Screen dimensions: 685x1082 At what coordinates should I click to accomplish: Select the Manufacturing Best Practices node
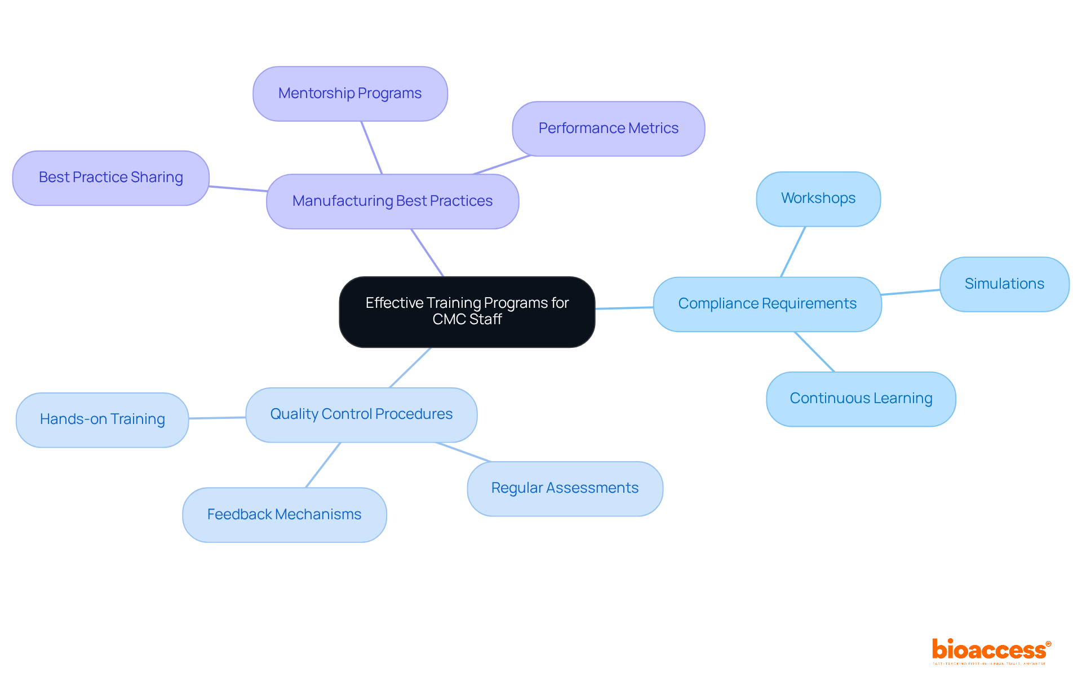coord(392,201)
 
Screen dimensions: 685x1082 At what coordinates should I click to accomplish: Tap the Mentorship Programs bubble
coord(350,94)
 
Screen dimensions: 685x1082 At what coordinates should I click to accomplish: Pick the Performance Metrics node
coord(608,129)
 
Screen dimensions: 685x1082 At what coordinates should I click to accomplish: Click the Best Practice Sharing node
coord(111,178)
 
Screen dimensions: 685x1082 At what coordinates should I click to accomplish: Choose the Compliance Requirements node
coord(767,304)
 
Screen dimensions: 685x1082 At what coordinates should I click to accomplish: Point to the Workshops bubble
coord(818,198)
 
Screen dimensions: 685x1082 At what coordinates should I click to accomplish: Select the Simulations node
coord(1004,284)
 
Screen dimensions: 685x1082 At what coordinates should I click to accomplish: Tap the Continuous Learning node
coord(861,399)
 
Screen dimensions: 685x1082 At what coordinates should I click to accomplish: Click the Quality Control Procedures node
coord(361,414)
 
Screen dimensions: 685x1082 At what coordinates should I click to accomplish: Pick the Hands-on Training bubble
coord(102,419)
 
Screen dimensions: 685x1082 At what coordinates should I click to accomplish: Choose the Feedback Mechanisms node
coord(284,515)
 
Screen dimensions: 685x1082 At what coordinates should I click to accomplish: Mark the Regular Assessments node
coord(565,488)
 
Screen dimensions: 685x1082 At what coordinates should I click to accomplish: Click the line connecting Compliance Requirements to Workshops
coord(793,252)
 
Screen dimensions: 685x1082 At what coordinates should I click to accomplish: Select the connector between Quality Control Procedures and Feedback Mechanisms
coord(323,465)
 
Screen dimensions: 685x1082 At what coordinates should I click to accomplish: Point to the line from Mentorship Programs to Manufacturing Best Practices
coord(372,148)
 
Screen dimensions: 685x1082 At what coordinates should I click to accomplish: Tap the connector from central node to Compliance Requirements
coord(624,308)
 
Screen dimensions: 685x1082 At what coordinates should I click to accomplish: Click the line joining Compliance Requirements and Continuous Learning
coord(814,352)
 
